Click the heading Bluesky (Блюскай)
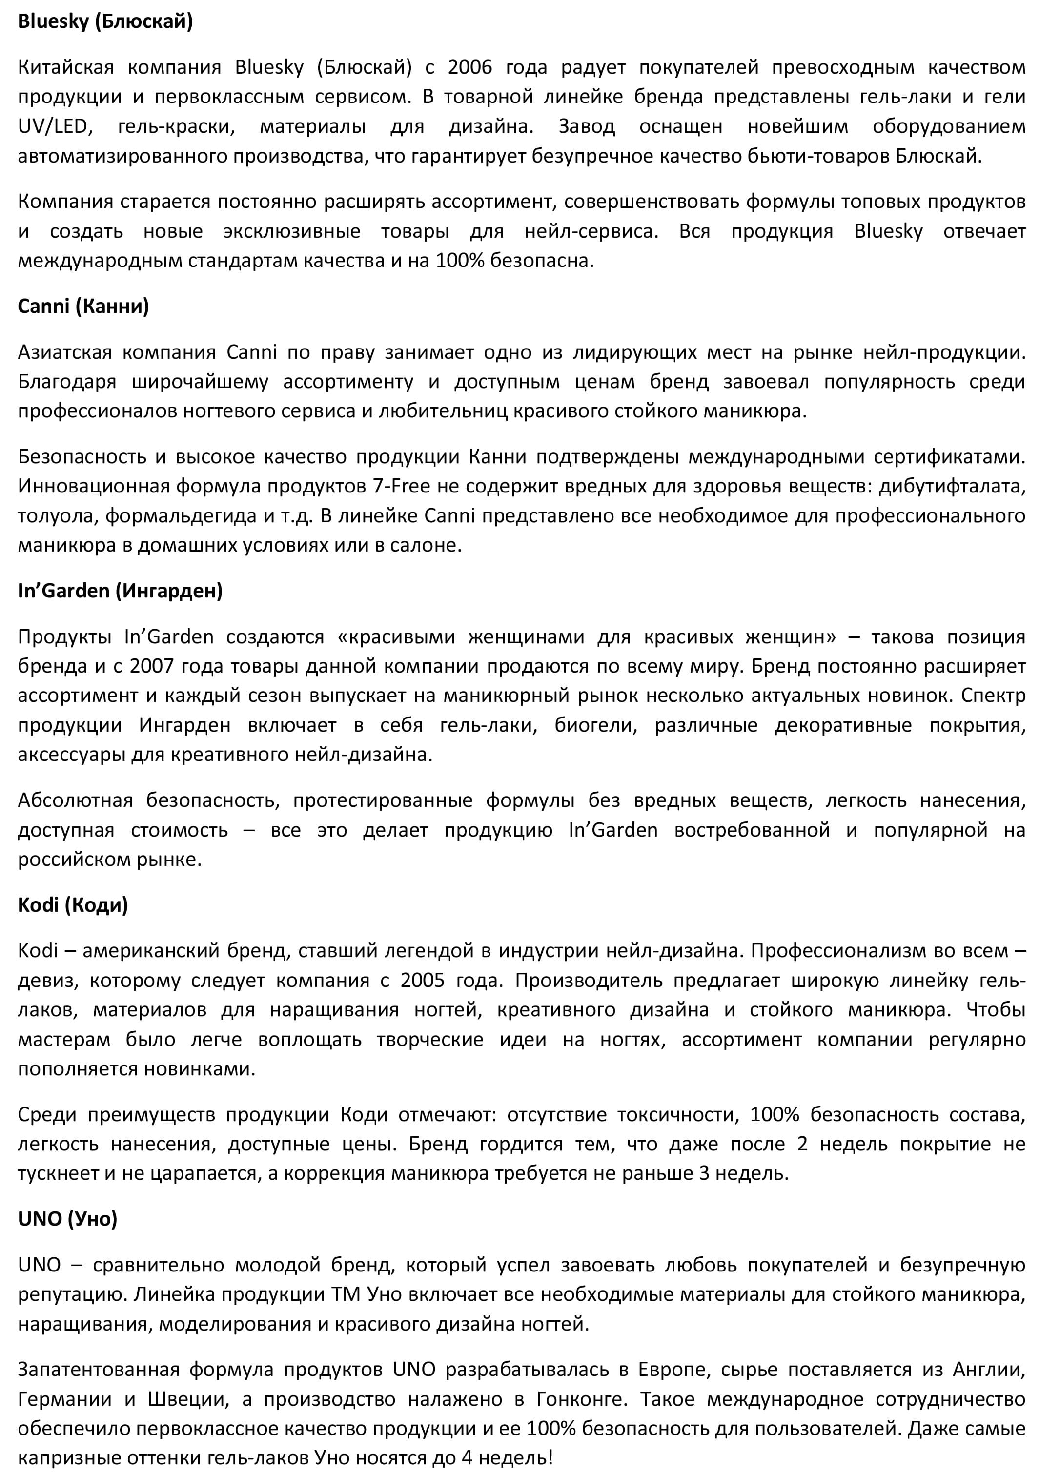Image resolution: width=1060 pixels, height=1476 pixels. tap(105, 21)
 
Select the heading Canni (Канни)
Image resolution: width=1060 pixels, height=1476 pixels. tap(83, 306)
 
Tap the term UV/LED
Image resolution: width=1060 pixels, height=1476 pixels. tap(53, 126)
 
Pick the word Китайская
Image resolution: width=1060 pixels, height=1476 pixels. tap(66, 67)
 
